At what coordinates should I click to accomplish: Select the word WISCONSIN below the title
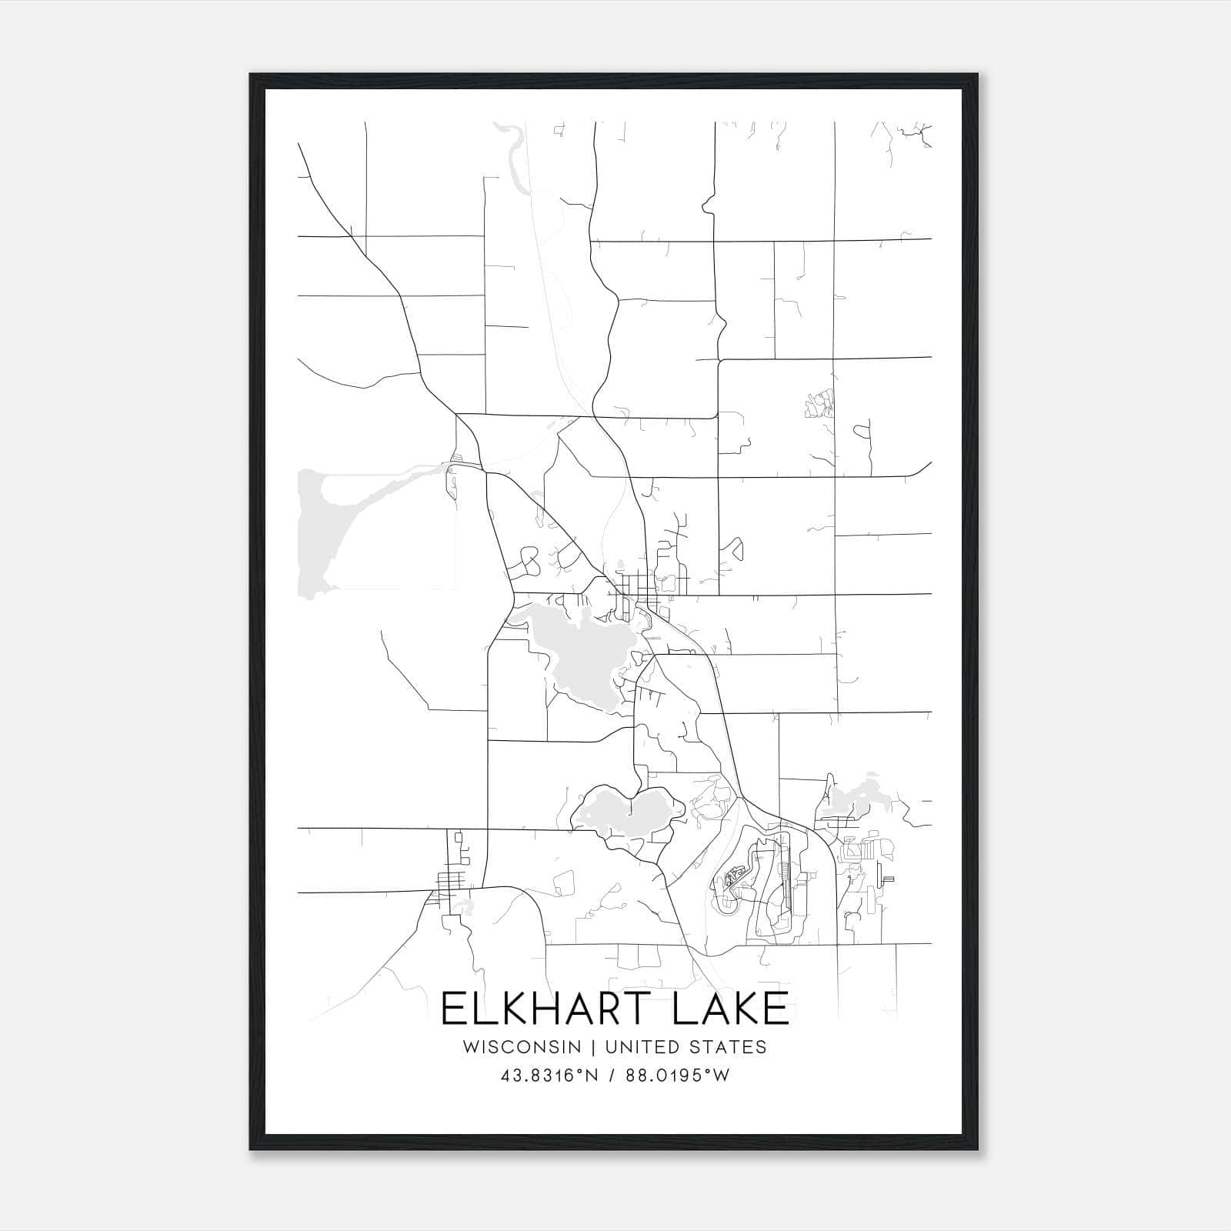(x=529, y=1047)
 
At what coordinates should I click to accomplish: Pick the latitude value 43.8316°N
(x=549, y=1076)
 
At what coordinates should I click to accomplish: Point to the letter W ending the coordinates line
(x=722, y=1076)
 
